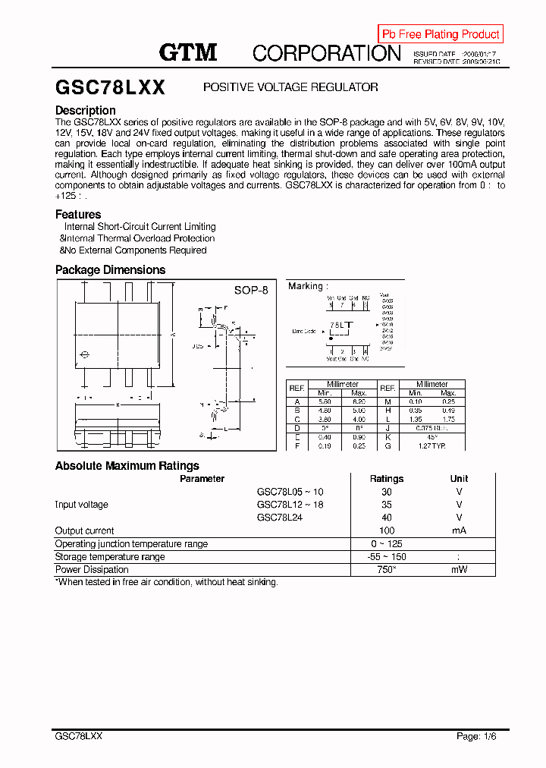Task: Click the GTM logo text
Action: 188,52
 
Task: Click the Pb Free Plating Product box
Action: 441,34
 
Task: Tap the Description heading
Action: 86,110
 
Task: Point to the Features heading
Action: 78,214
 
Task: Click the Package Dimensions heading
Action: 110,269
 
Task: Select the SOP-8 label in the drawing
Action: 251,290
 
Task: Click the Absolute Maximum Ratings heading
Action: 127,465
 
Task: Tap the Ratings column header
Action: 387,479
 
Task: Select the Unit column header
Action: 459,479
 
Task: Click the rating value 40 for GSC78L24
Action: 387,518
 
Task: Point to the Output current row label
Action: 85,530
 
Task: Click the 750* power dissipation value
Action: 387,569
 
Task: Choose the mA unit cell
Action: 459,530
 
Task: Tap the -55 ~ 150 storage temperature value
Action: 387,556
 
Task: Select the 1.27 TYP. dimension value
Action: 432,446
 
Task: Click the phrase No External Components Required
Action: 136,250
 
